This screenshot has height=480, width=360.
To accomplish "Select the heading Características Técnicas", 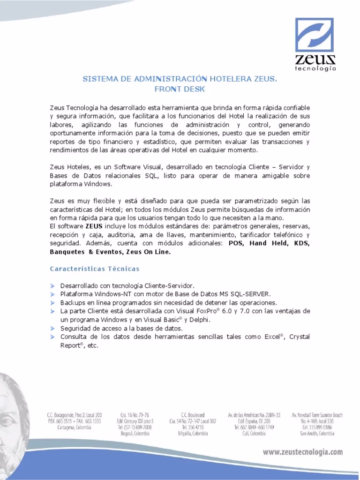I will coord(95,269).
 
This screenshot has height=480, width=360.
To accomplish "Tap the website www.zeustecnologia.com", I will coord(302,452).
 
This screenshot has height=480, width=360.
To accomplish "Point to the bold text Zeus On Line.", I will coord(149,252).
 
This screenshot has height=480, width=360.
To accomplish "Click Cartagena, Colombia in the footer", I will coord(74,427).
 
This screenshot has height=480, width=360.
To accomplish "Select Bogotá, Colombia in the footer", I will coord(135,434).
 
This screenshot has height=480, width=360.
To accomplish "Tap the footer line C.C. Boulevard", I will coord(193,415).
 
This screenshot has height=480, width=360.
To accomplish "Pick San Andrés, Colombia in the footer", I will coord(317,434).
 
